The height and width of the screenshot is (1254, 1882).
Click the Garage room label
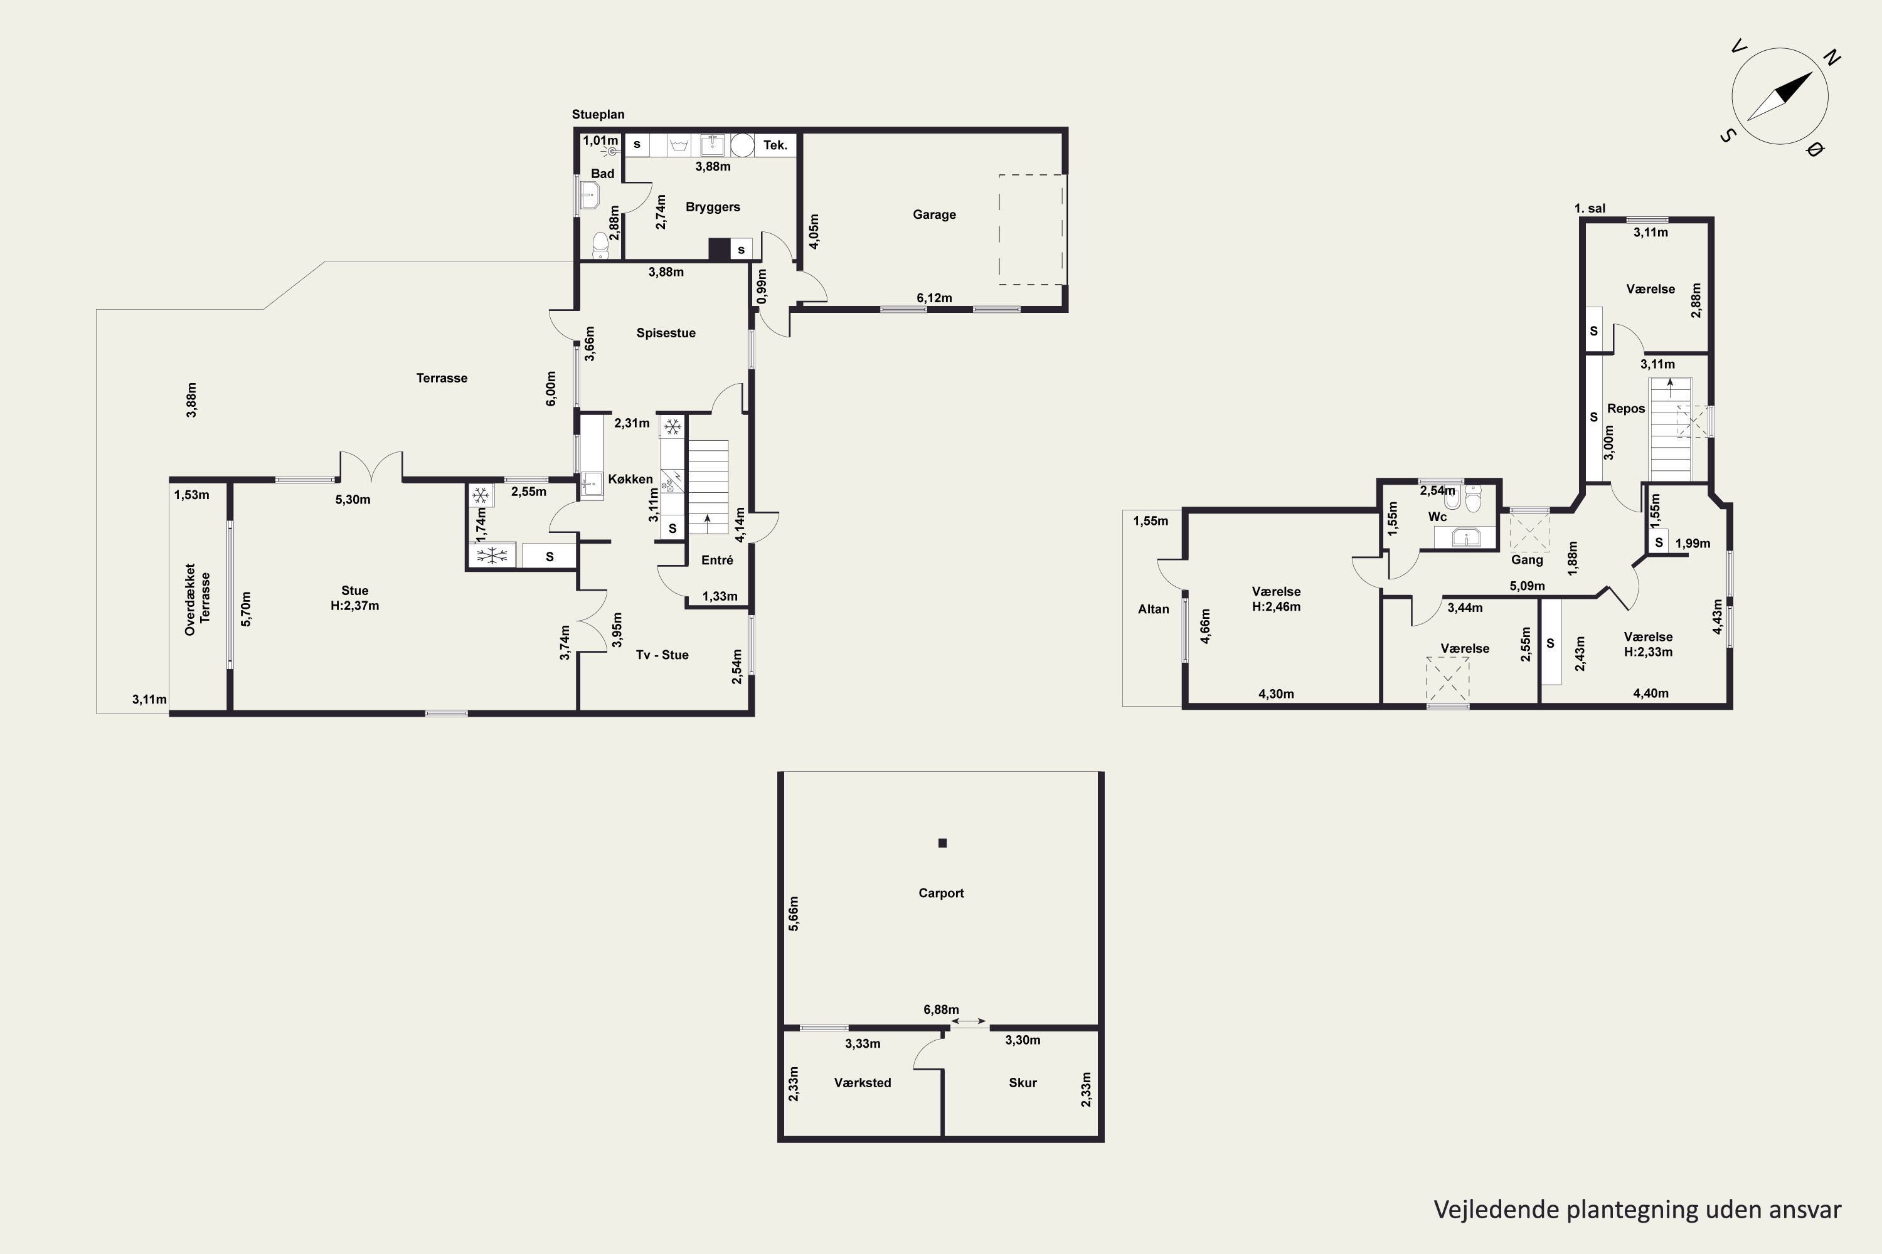click(934, 214)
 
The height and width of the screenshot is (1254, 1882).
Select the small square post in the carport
click(943, 843)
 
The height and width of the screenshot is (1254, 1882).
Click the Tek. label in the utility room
click(775, 145)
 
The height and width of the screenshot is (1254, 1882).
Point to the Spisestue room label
click(666, 334)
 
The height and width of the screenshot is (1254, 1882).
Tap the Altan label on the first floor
click(1153, 609)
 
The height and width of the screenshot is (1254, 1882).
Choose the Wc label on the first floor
click(1437, 517)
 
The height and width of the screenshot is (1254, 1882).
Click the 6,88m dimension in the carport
click(941, 1009)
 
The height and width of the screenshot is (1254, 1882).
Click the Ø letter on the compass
click(1815, 150)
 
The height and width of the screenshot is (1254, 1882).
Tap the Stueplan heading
click(598, 114)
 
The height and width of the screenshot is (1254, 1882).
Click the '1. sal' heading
click(1589, 209)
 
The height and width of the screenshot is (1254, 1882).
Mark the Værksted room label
click(862, 1083)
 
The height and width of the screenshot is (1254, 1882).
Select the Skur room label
click(1023, 1083)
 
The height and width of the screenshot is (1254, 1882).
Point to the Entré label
click(717, 561)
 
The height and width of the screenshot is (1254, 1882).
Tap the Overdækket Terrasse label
click(197, 600)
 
